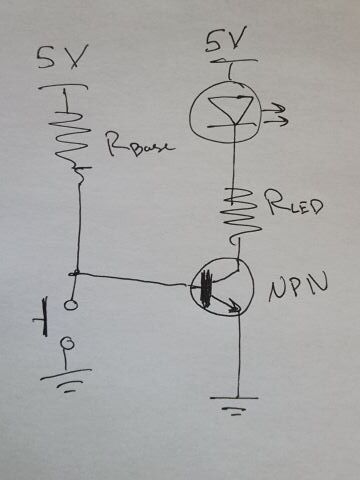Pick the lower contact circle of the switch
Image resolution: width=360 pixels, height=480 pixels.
click(x=67, y=346)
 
